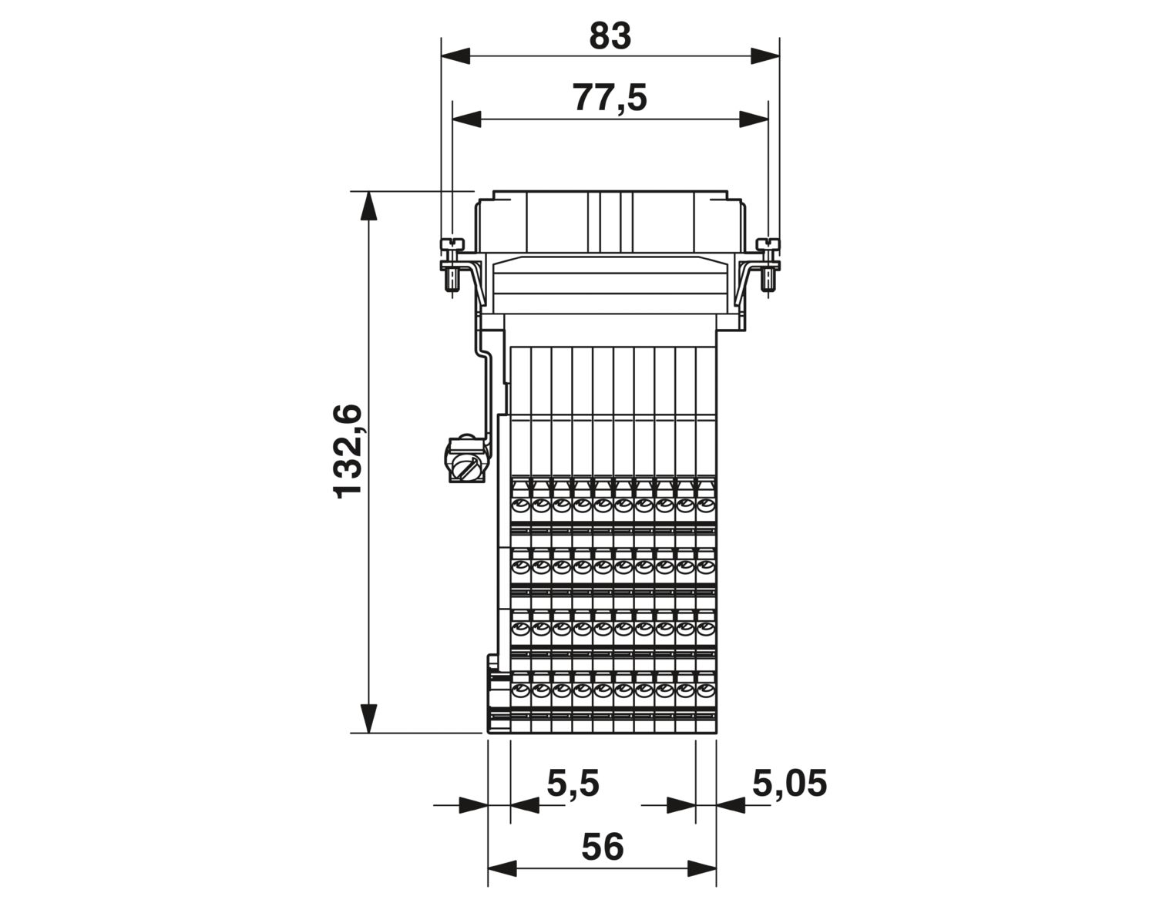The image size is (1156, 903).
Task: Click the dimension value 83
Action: point(610,36)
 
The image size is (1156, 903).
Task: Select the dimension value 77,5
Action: point(610,98)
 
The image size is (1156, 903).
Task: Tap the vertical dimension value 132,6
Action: point(348,452)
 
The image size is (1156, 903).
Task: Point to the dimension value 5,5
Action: point(573,784)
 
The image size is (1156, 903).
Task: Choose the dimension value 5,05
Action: point(789,784)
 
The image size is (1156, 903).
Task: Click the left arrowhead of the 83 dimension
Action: point(455,55)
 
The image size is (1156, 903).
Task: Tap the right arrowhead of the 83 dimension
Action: point(765,55)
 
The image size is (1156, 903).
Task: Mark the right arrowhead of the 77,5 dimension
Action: point(754,119)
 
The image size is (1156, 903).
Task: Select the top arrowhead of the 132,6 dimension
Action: point(368,206)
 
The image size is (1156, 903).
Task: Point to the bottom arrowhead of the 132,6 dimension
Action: point(368,718)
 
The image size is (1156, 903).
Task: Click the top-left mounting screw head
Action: point(452,244)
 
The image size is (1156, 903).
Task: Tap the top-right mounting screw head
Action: point(768,244)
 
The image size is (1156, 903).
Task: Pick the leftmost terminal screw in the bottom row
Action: point(520,690)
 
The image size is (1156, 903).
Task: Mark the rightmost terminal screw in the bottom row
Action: point(705,690)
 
